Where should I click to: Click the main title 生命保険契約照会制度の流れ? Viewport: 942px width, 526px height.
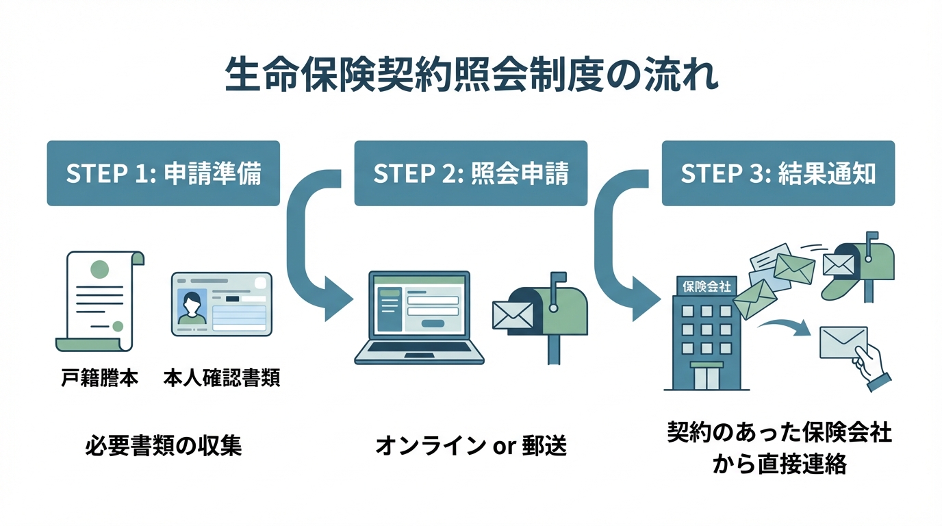pos(471,76)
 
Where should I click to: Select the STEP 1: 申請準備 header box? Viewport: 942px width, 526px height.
pos(163,173)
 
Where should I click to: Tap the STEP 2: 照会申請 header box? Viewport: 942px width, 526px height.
pos(470,173)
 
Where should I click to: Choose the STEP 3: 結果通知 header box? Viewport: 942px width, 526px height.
pos(778,173)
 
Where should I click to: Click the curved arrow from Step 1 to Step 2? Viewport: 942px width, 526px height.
pos(308,253)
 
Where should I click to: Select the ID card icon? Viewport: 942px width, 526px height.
pos(221,303)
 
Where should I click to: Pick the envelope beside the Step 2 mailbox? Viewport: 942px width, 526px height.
pos(512,314)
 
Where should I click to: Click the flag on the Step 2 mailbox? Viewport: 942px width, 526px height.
pos(557,279)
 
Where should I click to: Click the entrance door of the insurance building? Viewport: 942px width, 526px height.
pos(706,375)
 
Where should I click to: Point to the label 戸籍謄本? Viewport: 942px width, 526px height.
pos(99,379)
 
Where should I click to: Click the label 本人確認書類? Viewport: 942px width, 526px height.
pos(221,379)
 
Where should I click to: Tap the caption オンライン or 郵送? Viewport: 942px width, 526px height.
pos(470,446)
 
